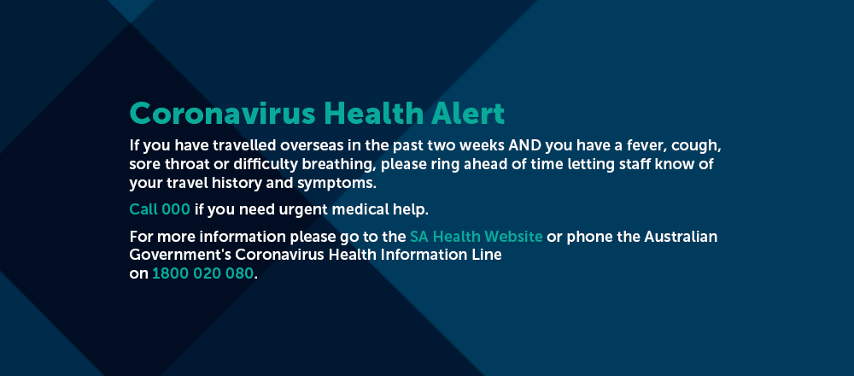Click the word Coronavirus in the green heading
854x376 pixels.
(x=223, y=114)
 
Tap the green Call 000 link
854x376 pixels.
(x=160, y=209)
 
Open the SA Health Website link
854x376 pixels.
(x=476, y=237)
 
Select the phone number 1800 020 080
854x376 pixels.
(x=202, y=273)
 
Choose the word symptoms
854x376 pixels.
(x=336, y=184)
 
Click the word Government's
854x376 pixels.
(x=180, y=255)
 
